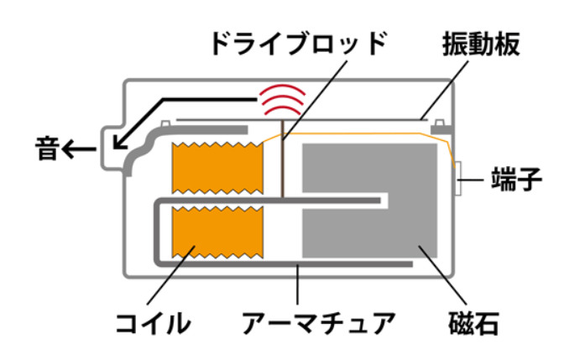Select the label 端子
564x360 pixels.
(x=521, y=179)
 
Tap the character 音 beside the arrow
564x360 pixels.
(x=47, y=149)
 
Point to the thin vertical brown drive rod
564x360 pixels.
(x=282, y=168)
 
